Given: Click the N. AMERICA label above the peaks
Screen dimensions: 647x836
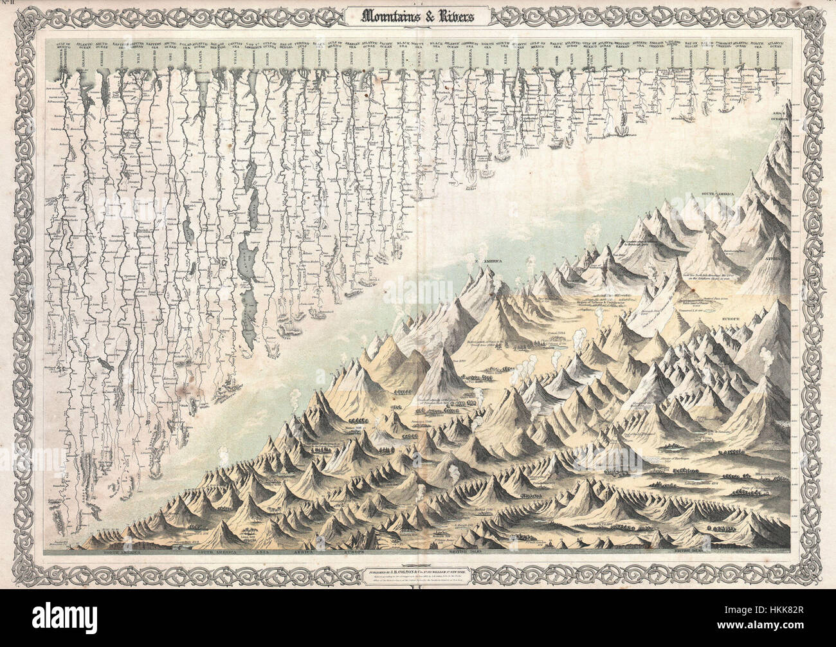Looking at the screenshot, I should (486, 262).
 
